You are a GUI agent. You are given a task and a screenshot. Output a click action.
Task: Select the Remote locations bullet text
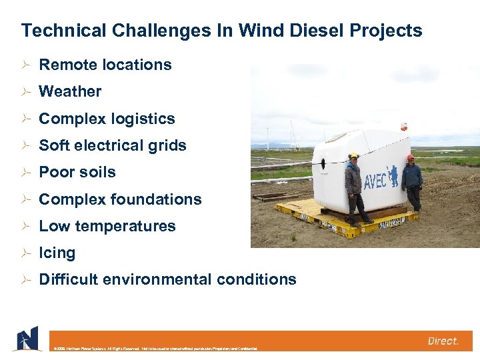point(105,65)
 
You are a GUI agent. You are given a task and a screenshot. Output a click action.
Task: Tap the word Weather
point(70,91)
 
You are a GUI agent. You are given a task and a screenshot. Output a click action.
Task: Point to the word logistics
point(142,119)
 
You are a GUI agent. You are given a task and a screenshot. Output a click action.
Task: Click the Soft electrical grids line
point(113,145)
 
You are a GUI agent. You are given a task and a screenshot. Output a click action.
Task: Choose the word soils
point(97,172)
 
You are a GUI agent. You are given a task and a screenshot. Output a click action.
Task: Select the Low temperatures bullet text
point(107,226)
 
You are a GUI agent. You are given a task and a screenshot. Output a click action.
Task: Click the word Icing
point(57,253)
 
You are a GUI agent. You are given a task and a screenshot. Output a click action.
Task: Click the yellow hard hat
point(353,155)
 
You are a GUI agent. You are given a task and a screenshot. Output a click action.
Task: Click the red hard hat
point(411,158)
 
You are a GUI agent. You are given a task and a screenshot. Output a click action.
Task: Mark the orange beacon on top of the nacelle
point(403,125)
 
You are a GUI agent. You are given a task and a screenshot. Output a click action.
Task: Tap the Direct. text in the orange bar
point(443,341)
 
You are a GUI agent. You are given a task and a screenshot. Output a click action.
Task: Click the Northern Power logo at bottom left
point(27,338)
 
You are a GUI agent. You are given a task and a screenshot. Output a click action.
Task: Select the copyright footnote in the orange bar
point(153,348)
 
